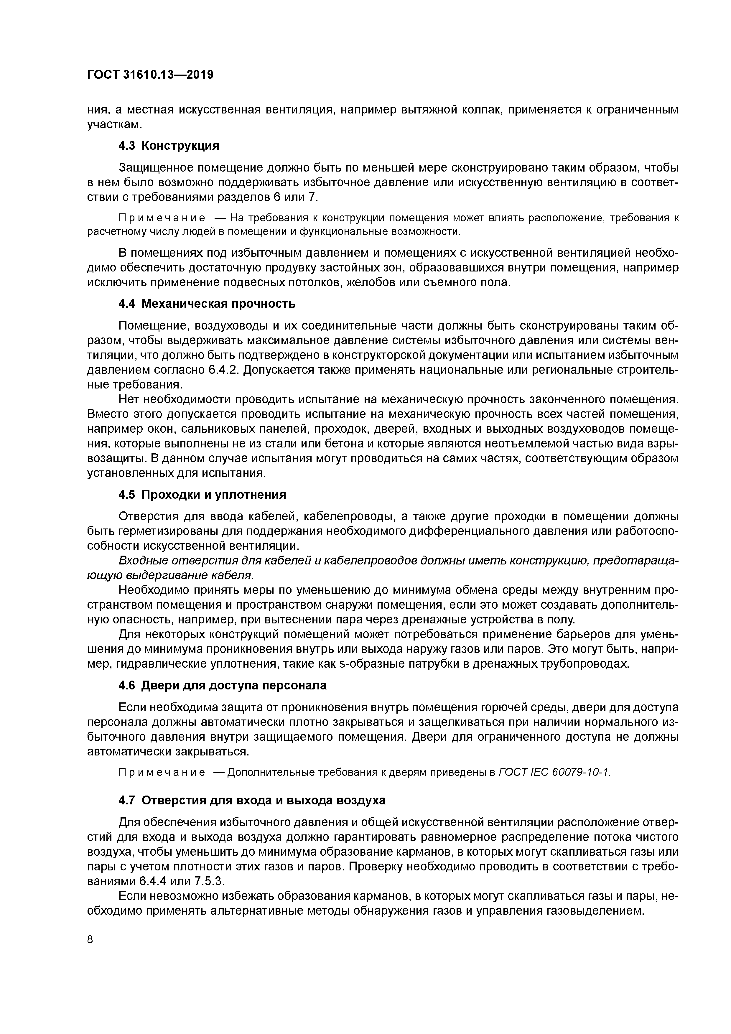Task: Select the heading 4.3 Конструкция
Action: click(x=168, y=146)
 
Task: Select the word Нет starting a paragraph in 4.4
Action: click(x=128, y=399)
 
